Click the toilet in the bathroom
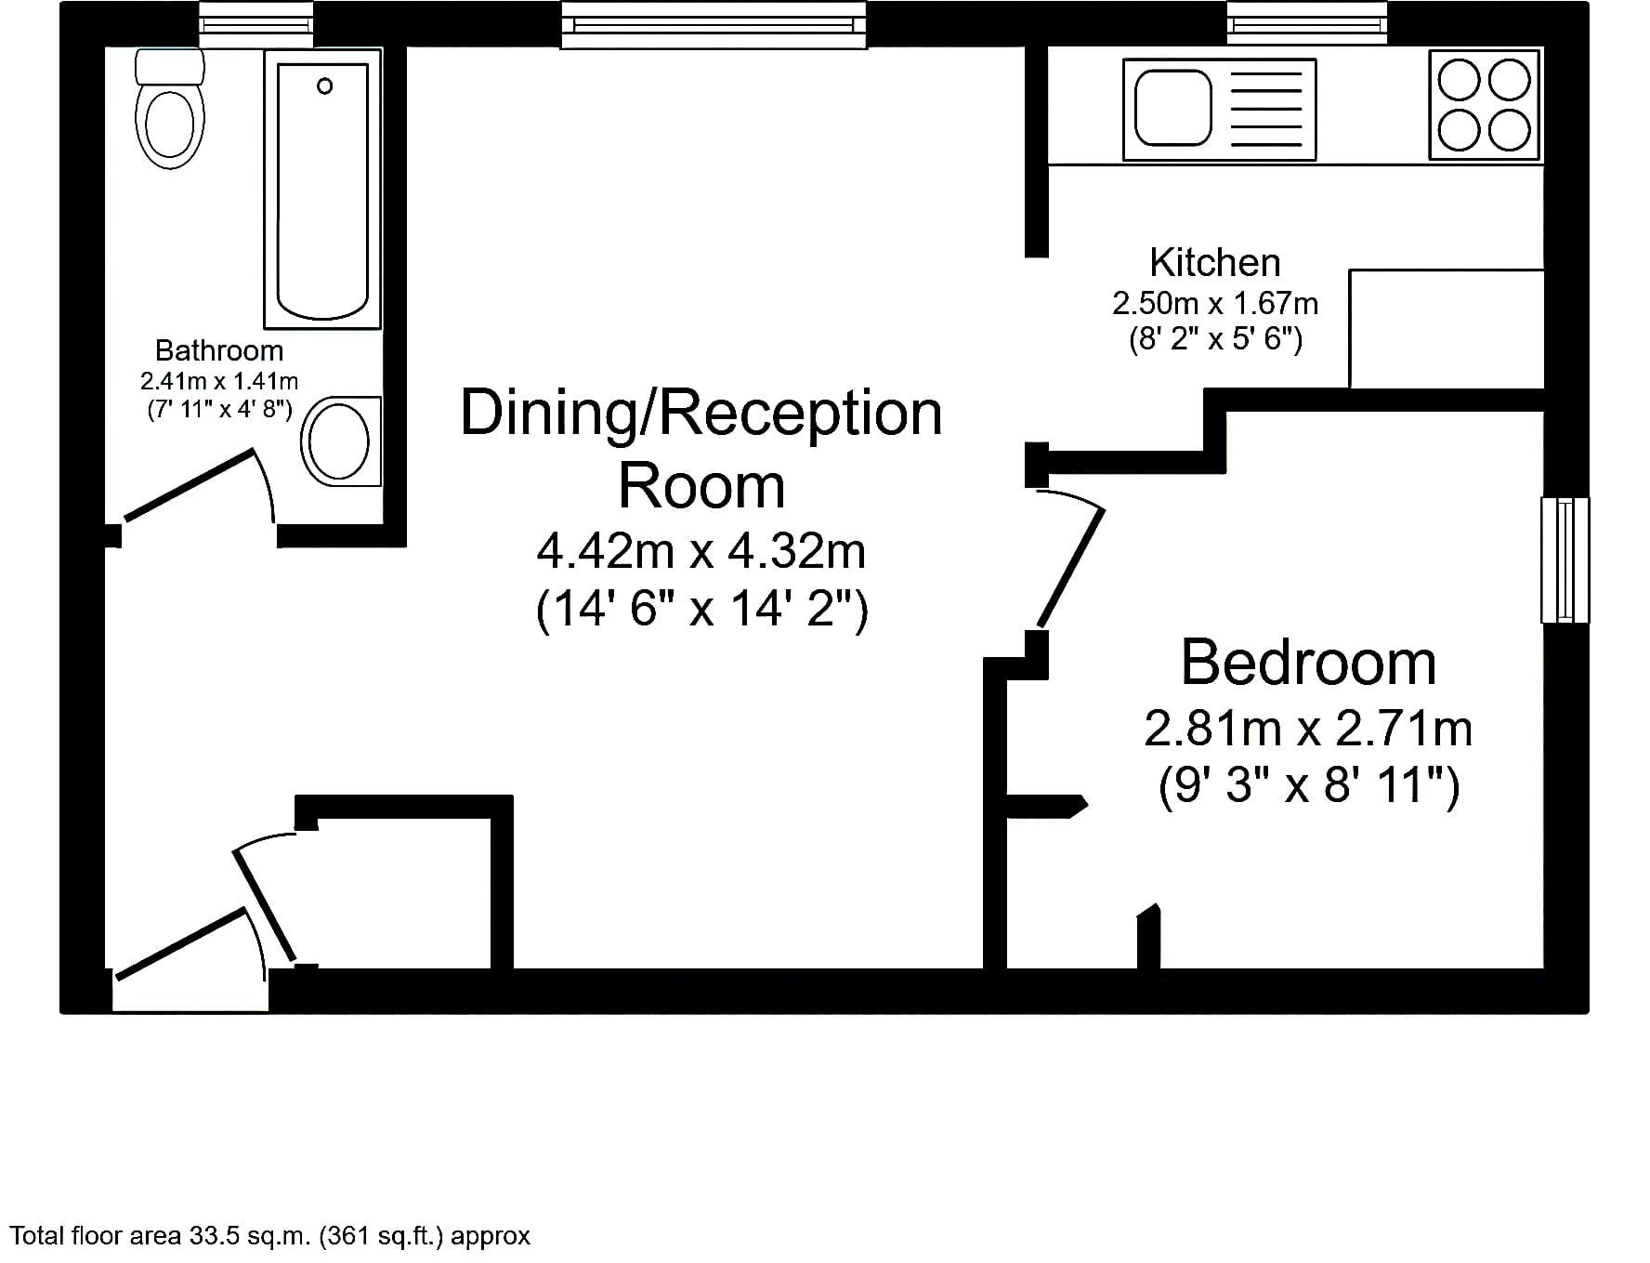click(x=170, y=109)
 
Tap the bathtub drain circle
click(x=324, y=86)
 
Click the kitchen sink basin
click(x=1173, y=109)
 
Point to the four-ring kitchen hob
click(x=1484, y=105)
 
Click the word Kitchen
click(x=1215, y=263)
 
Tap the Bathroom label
click(x=219, y=350)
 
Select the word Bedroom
click(x=1308, y=663)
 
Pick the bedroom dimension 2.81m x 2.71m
click(x=1308, y=729)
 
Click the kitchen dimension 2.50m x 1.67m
click(x=1215, y=303)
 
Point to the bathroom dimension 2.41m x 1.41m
click(x=219, y=381)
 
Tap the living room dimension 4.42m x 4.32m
click(x=701, y=551)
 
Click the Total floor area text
click(x=269, y=1236)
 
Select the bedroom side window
click(x=1565, y=559)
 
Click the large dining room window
click(x=714, y=24)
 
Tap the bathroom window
click(x=256, y=24)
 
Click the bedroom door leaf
click(x=1070, y=567)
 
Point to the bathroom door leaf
click(x=190, y=485)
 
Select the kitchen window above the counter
click(x=1307, y=23)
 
